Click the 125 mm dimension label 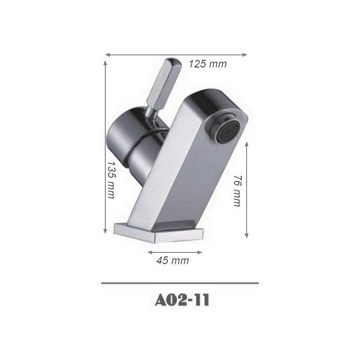click(207, 64)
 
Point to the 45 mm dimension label click(173, 261)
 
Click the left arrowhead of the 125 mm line click(107, 55)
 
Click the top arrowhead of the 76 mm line click(247, 143)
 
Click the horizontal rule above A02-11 click(180, 283)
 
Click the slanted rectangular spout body click(175, 171)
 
